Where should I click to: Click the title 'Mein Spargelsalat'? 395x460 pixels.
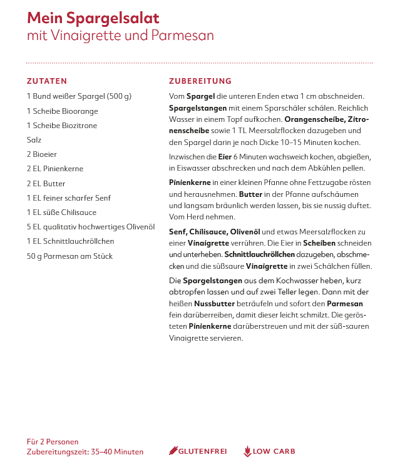[x=93, y=17]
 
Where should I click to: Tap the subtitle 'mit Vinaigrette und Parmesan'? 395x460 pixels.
[x=120, y=36]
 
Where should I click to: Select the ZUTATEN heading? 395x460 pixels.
[x=47, y=81]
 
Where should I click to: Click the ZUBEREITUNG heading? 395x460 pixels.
[x=200, y=81]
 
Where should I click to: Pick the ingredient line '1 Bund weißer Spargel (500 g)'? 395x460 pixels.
[x=79, y=96]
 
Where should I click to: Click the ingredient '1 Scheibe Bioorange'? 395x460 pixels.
[x=62, y=111]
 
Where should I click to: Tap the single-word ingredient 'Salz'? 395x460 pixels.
[x=34, y=140]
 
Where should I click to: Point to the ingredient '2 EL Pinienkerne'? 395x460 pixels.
[x=55, y=169]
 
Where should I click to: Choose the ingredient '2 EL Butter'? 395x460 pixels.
[x=46, y=184]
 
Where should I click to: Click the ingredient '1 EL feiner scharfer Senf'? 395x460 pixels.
[x=69, y=198]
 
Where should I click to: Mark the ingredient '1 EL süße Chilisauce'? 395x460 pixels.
[x=61, y=212]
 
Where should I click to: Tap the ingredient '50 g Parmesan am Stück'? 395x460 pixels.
[x=69, y=256]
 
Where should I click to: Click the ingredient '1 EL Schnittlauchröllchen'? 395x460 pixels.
[x=70, y=241]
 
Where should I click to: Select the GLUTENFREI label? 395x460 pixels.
[x=202, y=451]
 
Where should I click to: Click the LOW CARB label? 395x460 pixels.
[x=274, y=451]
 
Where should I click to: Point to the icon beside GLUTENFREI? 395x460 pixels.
[x=173, y=451]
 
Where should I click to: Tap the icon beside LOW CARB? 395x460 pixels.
[x=247, y=451]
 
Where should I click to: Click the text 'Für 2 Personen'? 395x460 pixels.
[x=53, y=441]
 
